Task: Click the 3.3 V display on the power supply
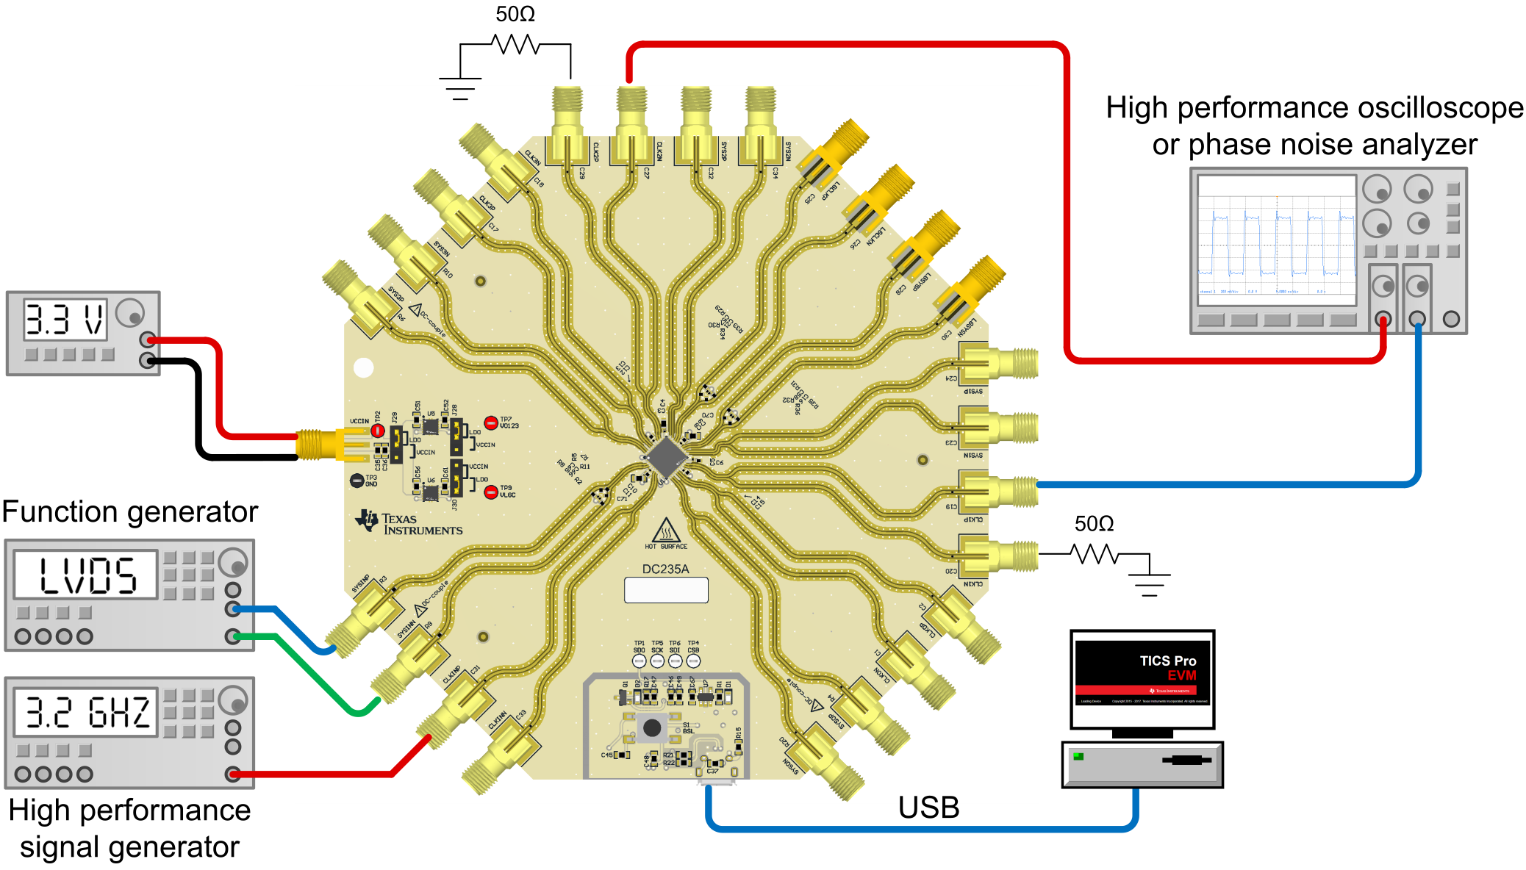[x=65, y=319]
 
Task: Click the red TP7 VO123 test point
[x=491, y=423]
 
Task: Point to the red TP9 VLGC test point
[x=491, y=492]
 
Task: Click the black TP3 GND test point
[x=357, y=481]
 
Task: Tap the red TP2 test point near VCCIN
[x=377, y=430]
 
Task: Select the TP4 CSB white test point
[x=693, y=661]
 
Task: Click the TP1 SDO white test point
[x=640, y=661]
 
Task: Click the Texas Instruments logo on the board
[x=409, y=522]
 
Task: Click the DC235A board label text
[x=665, y=569]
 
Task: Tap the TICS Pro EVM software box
[x=1142, y=679]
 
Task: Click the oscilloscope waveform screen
[x=1277, y=240]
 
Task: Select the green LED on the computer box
[x=1078, y=756]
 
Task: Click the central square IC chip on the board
[x=666, y=456]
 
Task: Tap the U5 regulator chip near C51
[x=431, y=426]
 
